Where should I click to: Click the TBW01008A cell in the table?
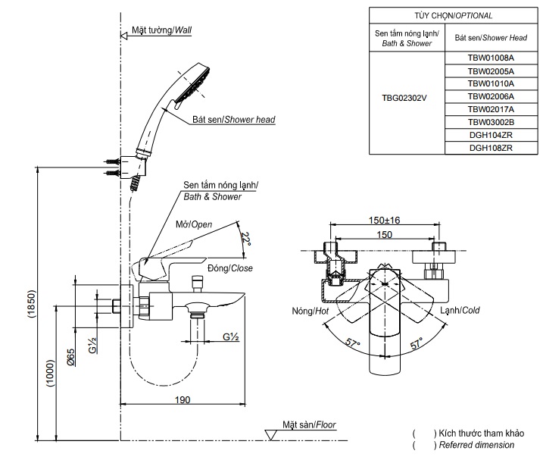[490, 58]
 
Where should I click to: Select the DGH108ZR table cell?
[490, 148]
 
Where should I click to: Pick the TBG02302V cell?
[404, 96]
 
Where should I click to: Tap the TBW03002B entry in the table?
[490, 122]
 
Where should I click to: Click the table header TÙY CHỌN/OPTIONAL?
[453, 15]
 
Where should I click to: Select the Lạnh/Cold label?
[460, 310]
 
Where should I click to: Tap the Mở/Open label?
[194, 224]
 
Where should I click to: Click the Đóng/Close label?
[230, 268]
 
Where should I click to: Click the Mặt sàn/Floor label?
[310, 425]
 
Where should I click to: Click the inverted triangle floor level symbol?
[270, 434]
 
